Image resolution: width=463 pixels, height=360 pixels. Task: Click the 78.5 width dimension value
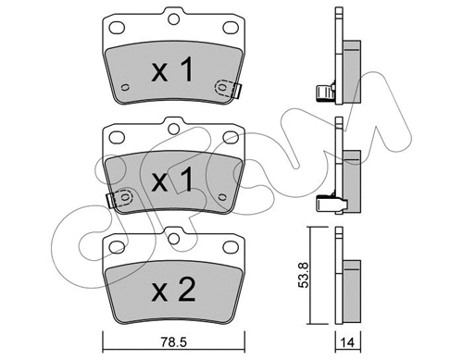174,341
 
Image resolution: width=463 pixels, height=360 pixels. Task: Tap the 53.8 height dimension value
304,276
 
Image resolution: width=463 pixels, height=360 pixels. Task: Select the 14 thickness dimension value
348,342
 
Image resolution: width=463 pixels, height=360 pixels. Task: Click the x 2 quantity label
173,290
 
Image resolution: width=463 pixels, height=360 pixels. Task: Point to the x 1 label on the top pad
172,69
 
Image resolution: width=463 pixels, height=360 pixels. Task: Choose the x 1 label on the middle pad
172,180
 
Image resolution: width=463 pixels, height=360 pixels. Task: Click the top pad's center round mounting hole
174,19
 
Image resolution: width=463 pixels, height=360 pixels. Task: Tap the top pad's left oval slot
117,28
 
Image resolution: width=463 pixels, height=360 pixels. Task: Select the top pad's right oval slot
231,28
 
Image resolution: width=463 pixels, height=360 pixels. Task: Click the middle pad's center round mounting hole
174,129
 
